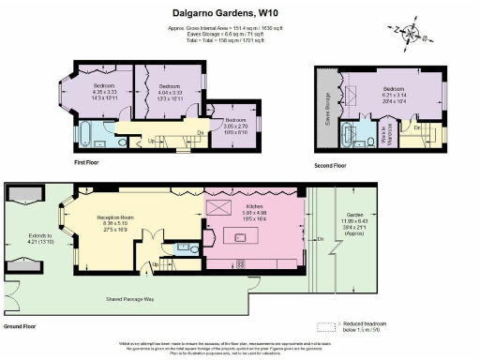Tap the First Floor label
86,162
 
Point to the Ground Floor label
20,327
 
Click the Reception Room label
119,217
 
